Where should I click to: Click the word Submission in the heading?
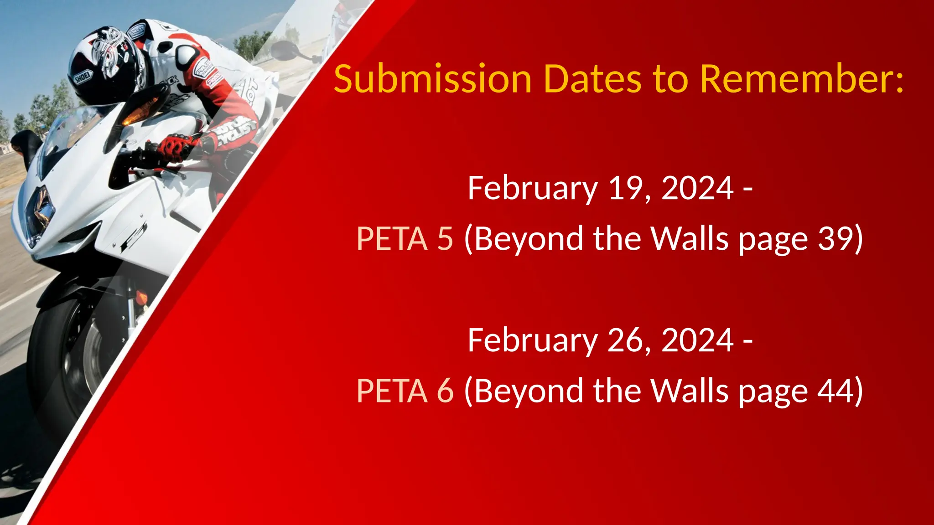pyautogui.click(x=432, y=79)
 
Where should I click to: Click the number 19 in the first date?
pyautogui.click(x=627, y=188)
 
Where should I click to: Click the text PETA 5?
pyautogui.click(x=405, y=238)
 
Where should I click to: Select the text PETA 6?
pyautogui.click(x=405, y=391)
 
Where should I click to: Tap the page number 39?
pyautogui.click(x=835, y=238)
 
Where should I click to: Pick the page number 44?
pyautogui.click(x=835, y=391)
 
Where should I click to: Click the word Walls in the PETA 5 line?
pyautogui.click(x=689, y=238)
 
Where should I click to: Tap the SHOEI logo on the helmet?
pyautogui.click(x=83, y=77)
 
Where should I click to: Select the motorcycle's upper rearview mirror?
pyautogui.click(x=285, y=50)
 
